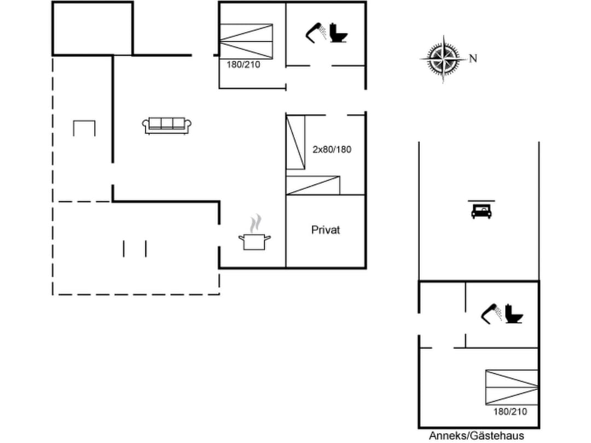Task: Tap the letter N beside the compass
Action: coord(473,59)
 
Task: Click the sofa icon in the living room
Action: coord(167,125)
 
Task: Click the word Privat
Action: coord(326,230)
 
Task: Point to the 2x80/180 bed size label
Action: coord(332,149)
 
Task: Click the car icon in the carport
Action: coord(481,211)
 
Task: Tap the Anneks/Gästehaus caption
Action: coord(477,436)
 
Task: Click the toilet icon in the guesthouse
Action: coord(514,313)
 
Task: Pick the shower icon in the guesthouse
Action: coord(491,312)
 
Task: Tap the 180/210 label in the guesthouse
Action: coord(511,411)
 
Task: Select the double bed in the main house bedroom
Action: coord(246,40)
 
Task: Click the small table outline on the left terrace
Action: coord(84,129)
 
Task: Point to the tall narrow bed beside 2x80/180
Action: coord(296,142)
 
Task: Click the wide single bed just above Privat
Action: coord(313,185)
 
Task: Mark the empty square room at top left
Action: coord(92,28)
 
